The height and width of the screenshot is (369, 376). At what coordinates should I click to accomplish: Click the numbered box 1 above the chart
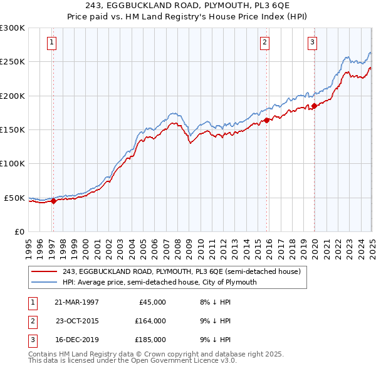(50, 43)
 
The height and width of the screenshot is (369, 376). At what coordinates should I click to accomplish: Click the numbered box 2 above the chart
(265, 43)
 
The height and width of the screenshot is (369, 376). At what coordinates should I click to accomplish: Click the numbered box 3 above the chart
(312, 43)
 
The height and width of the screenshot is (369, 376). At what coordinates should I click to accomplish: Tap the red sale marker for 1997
(53, 201)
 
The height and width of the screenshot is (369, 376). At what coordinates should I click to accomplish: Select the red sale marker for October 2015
(266, 120)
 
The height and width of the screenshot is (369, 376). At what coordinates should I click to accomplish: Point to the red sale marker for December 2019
(314, 106)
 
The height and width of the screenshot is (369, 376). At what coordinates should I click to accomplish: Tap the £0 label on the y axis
(19, 231)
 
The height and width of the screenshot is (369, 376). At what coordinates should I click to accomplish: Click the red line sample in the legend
(45, 271)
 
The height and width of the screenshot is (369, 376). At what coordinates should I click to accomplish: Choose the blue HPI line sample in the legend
(45, 282)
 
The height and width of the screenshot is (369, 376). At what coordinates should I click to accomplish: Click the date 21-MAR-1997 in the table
(76, 301)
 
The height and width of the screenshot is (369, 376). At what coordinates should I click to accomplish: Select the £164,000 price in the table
(150, 321)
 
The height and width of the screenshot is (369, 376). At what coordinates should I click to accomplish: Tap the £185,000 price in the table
(150, 340)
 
